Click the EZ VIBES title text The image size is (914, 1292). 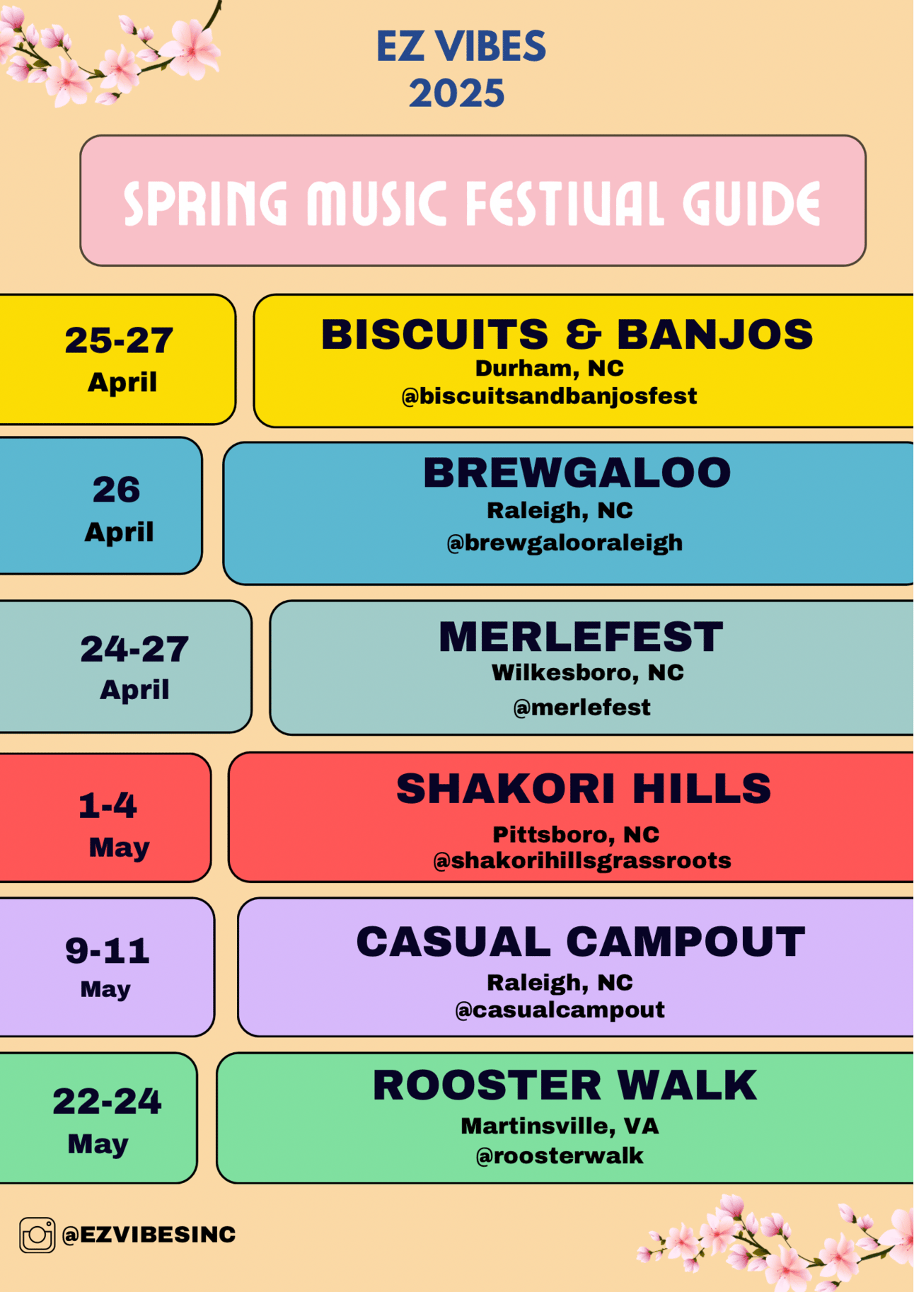(x=461, y=47)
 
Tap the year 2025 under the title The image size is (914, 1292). (x=457, y=93)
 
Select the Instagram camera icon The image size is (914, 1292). (x=37, y=1235)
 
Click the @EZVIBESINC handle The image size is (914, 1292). (x=149, y=1234)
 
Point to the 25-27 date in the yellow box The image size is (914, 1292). (x=119, y=340)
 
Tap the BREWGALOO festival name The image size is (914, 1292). (x=577, y=473)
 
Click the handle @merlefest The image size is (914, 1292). (x=582, y=707)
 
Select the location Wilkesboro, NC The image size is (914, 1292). (x=588, y=672)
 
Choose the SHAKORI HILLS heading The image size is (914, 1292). (x=584, y=788)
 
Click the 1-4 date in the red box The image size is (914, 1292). (x=108, y=805)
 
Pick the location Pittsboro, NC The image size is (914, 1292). (x=576, y=834)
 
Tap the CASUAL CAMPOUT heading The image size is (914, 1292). (x=581, y=942)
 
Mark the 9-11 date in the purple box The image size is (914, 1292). (x=108, y=950)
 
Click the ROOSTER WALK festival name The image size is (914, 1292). (x=565, y=1085)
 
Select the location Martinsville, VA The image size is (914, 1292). (x=560, y=1126)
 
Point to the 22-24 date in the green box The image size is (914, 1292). (x=107, y=1101)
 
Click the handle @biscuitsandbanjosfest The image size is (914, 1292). (x=549, y=396)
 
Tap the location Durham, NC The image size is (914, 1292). (x=550, y=368)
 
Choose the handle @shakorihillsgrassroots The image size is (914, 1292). (x=582, y=860)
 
